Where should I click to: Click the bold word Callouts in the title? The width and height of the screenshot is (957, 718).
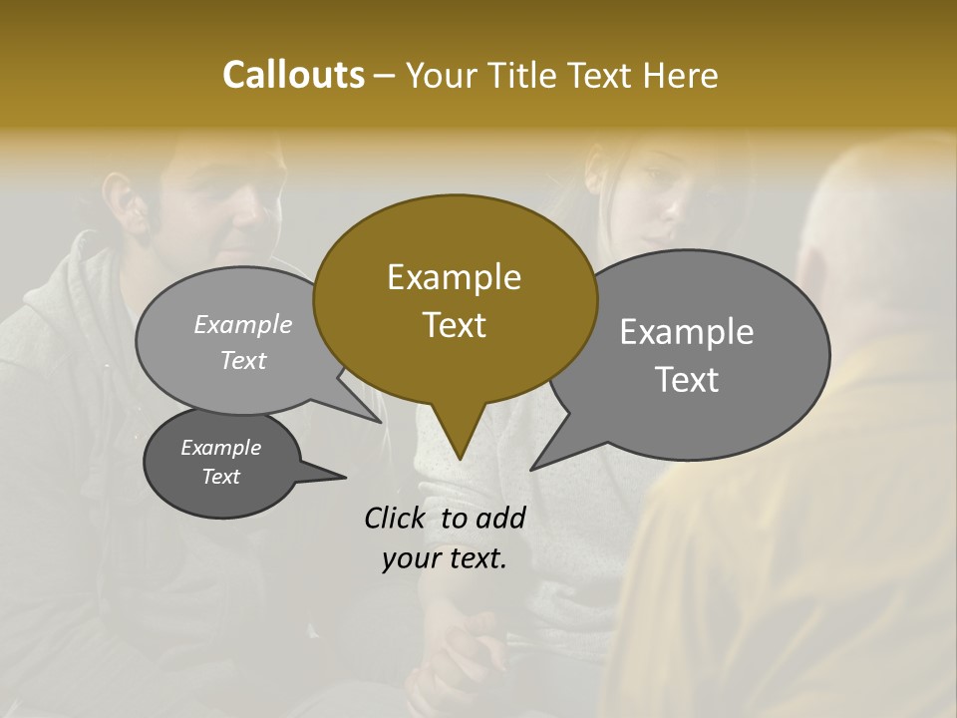(293, 75)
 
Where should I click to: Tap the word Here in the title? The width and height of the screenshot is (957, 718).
(681, 75)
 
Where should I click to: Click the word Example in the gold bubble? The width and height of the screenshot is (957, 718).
(454, 277)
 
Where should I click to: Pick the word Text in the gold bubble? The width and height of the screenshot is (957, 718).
(454, 325)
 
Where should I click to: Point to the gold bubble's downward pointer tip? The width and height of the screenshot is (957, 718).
(460, 458)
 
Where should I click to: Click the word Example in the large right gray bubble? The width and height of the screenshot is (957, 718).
(686, 332)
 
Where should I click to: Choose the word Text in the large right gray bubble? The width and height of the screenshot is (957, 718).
(686, 380)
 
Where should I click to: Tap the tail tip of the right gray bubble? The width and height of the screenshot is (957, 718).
(532, 469)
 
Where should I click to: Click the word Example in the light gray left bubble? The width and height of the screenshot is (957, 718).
(242, 324)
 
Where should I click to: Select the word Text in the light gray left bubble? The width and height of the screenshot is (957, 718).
(242, 360)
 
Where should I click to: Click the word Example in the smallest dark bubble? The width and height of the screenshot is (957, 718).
(220, 448)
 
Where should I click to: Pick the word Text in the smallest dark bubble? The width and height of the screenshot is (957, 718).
(220, 477)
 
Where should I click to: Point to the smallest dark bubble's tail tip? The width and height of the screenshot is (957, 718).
(345, 477)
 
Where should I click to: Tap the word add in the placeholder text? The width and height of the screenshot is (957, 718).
(500, 518)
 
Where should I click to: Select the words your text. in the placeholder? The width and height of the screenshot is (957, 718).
(444, 558)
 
